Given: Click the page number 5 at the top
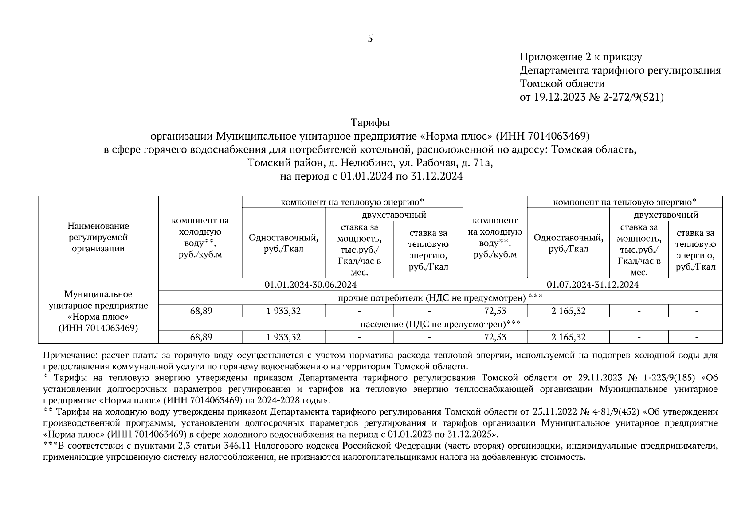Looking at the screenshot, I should (370, 39).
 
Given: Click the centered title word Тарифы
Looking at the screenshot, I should (370, 122).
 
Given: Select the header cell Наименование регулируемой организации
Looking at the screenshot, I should (98, 237).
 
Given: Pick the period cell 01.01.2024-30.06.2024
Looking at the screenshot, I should (310, 285).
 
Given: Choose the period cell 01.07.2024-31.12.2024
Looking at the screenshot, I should (592, 285).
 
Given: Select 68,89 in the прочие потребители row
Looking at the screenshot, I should (201, 311).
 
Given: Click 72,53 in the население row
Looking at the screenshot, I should (495, 337).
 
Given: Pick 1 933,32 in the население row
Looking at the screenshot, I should (283, 337).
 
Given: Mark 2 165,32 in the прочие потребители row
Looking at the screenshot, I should (569, 311).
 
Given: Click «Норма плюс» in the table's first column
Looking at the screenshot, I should (98, 317).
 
